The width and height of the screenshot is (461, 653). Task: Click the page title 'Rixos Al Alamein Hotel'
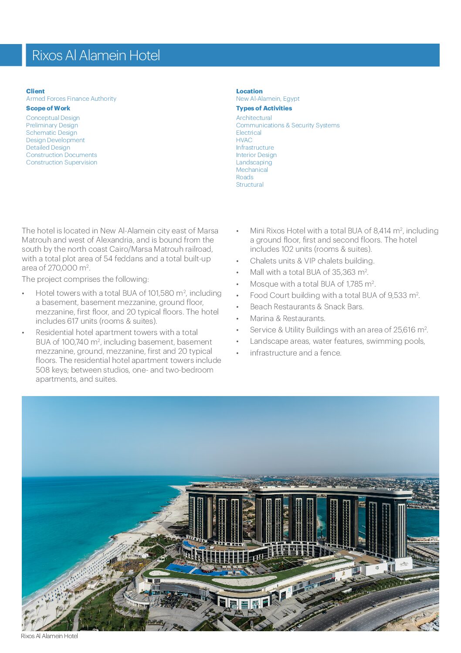point(96,55)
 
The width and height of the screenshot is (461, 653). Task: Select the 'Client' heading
point(35,91)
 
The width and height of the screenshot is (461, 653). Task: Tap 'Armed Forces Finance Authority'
point(71,99)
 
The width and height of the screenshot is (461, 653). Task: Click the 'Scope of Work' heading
point(48,108)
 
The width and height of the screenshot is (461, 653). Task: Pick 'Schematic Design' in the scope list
point(51,133)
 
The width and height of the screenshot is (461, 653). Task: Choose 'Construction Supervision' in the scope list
point(61,162)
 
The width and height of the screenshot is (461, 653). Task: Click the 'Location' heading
point(249,91)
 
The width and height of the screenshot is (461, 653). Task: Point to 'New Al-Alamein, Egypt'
point(268,99)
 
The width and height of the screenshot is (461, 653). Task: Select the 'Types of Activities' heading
point(264,108)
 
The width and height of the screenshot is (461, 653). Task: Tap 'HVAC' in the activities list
point(244,140)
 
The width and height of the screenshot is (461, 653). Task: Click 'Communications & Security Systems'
point(288,125)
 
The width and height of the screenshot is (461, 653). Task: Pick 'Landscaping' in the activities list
point(254,162)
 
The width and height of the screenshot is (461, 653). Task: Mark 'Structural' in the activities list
point(250,185)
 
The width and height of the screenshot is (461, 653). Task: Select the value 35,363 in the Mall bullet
point(343,272)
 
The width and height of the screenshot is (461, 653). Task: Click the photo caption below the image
point(49,636)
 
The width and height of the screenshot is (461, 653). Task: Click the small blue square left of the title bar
point(10,55)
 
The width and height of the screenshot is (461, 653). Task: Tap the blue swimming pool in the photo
point(183,568)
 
